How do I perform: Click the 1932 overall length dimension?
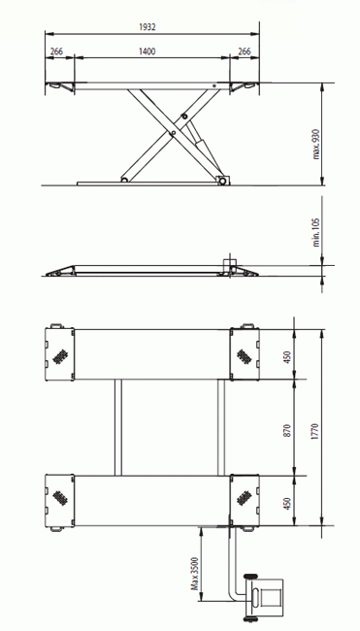pyautogui.click(x=147, y=27)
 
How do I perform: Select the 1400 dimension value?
pyautogui.click(x=147, y=51)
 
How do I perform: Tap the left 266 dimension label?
pyautogui.click(x=56, y=51)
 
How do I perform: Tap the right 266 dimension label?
pyautogui.click(x=245, y=51)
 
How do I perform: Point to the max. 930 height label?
pyautogui.click(x=316, y=144)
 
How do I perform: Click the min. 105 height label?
pyautogui.click(x=316, y=232)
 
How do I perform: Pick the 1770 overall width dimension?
pyautogui.click(x=315, y=431)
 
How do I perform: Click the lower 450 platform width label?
pyautogui.click(x=287, y=504)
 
